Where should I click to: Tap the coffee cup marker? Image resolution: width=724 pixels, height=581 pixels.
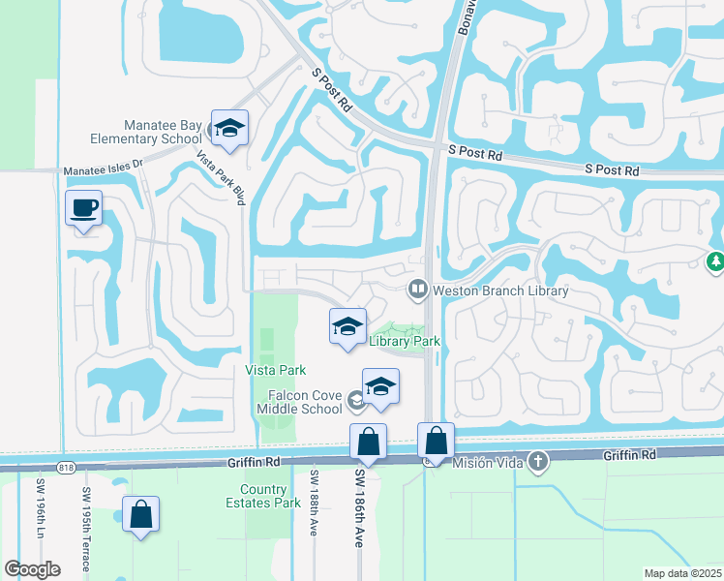(83, 207)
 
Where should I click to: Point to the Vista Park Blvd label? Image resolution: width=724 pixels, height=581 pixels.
(220, 177)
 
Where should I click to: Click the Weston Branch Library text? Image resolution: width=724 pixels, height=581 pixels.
(499, 290)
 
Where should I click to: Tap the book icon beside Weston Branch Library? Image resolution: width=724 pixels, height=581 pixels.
(418, 288)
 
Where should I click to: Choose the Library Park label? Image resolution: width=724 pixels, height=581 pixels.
(405, 341)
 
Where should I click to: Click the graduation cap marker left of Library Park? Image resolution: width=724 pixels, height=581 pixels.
(348, 326)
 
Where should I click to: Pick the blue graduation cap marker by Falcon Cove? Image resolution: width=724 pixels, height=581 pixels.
(381, 387)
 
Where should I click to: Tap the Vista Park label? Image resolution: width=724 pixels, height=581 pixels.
(278, 370)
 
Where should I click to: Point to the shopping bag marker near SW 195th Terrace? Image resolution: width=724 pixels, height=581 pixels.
(141, 515)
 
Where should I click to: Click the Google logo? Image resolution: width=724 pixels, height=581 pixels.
(32, 569)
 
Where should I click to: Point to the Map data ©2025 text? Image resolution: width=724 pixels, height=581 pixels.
(682, 573)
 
